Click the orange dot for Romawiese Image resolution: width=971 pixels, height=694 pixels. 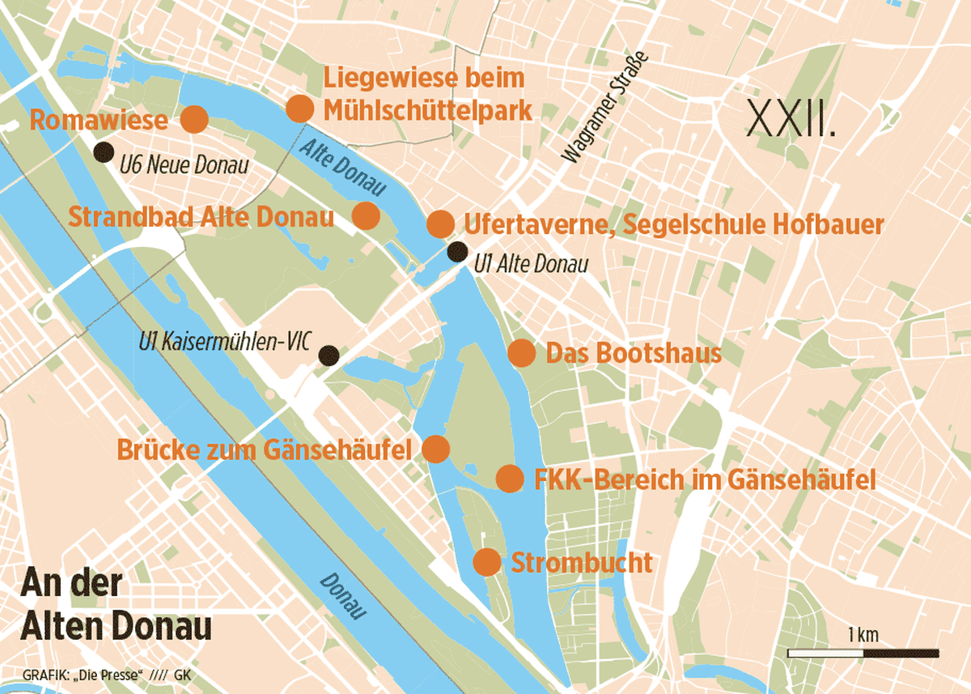[x=194, y=119]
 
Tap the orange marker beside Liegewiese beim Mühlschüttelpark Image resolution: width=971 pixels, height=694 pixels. [x=299, y=109]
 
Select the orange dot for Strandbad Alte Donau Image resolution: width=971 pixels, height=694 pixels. [x=366, y=215]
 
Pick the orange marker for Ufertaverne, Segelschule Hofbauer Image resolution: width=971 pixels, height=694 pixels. [x=439, y=224]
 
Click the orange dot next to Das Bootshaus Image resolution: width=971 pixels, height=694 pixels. [x=521, y=353]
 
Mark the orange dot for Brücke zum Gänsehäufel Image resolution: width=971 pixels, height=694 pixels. [x=436, y=449]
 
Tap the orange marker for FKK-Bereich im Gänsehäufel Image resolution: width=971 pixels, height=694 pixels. [x=509, y=479]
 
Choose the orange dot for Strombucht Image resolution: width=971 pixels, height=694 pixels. [x=485, y=561]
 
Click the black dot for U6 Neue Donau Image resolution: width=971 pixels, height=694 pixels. [x=103, y=151]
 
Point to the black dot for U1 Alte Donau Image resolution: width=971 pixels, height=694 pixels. [x=457, y=251]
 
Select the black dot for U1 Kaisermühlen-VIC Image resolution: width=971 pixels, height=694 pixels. [x=328, y=355]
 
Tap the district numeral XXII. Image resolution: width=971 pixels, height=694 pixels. [x=791, y=119]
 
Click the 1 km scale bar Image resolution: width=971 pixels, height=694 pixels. [x=863, y=652]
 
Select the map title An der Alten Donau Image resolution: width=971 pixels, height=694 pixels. [x=117, y=606]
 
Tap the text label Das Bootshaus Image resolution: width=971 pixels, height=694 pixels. [x=634, y=354]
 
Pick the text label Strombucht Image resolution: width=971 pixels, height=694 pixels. [x=582, y=562]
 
